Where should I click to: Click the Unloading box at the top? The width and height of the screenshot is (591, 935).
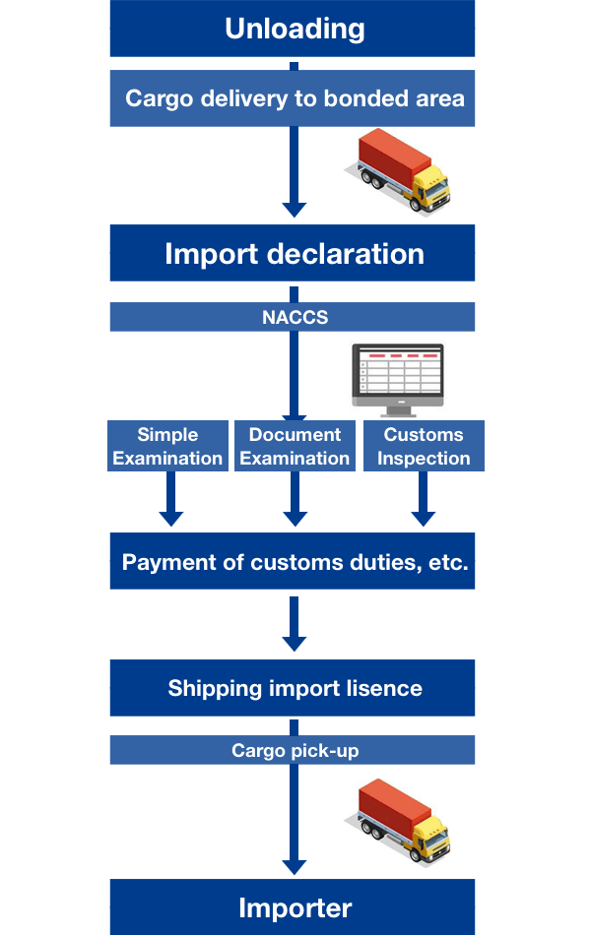point(293,29)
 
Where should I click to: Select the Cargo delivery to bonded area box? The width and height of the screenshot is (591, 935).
point(293,98)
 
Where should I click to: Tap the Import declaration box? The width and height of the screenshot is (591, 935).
point(293,253)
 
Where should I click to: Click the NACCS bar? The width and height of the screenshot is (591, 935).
point(293,317)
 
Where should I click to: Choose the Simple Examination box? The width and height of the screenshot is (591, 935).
point(167,446)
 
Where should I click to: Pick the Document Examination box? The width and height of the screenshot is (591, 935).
point(295,446)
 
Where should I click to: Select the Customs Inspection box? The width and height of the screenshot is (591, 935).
point(424,446)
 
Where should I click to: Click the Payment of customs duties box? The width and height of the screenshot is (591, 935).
point(293,562)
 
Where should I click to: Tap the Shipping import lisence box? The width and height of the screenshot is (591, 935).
point(293,688)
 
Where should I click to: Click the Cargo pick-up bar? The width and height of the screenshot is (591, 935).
point(293,751)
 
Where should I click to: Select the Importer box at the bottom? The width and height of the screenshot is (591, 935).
point(293,906)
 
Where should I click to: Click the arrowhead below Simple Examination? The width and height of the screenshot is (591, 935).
point(171,518)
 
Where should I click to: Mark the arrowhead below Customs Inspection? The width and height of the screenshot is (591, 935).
point(424,518)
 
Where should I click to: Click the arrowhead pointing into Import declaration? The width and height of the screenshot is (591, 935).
point(294,209)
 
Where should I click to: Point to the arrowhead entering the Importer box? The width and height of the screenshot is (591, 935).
point(294,866)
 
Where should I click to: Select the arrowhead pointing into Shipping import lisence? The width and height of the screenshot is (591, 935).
point(294,643)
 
